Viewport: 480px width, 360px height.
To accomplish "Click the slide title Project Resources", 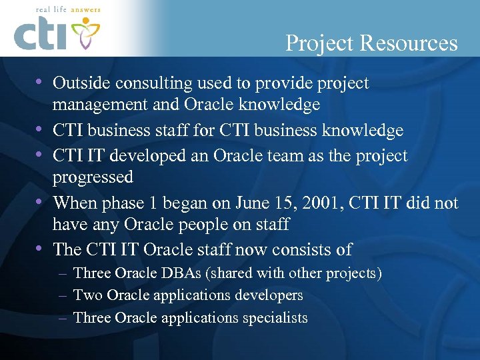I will coord(371,43).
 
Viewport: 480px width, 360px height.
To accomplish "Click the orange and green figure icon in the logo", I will coord(85,32).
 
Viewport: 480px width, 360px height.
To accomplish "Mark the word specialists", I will coord(270,317).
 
